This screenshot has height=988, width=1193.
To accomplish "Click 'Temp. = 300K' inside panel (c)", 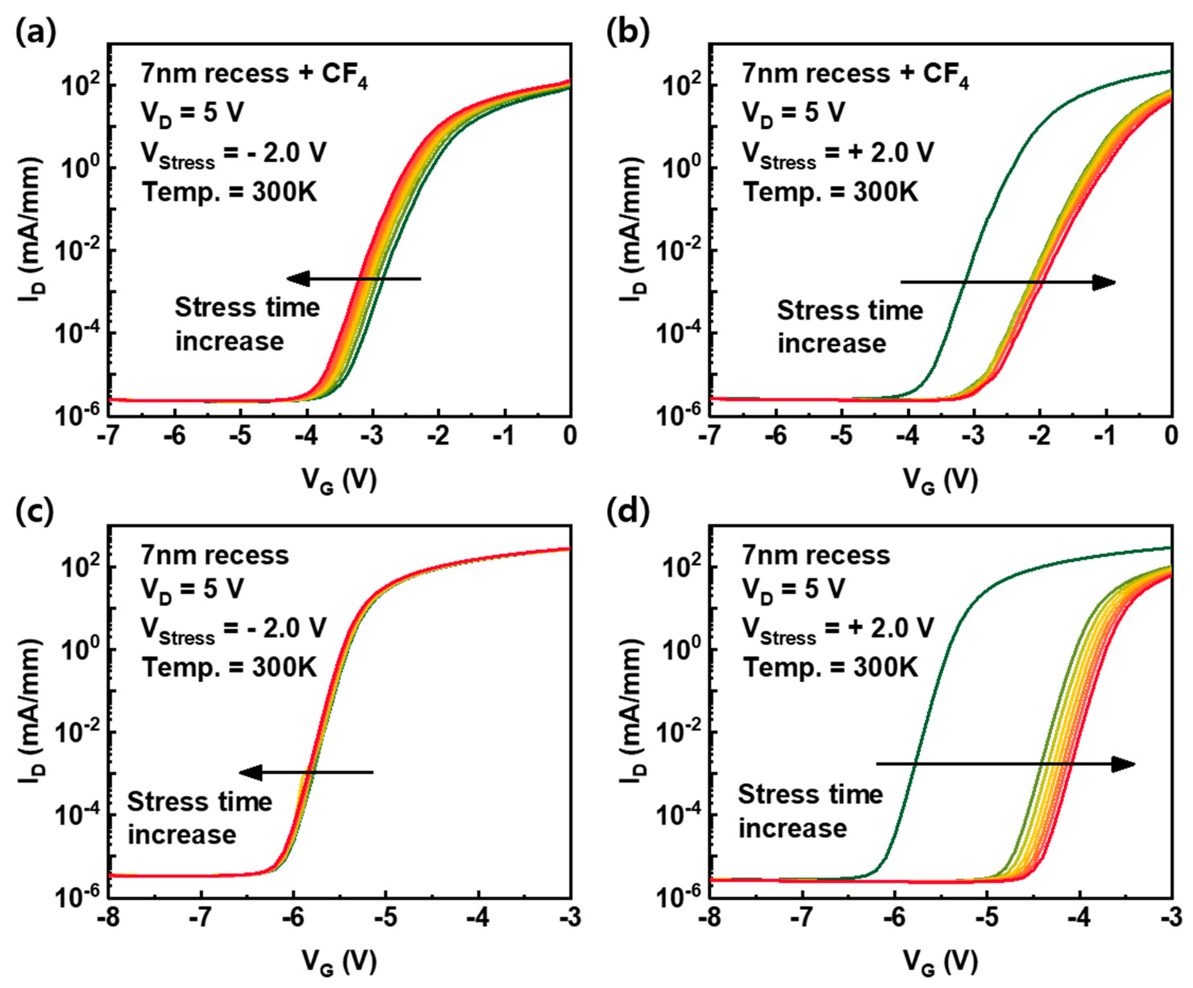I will tap(229, 667).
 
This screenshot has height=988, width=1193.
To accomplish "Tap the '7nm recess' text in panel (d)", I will tap(816, 555).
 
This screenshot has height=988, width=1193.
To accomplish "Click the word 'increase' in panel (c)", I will tap(181, 834).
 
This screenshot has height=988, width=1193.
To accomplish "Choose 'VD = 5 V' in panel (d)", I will tap(793, 590).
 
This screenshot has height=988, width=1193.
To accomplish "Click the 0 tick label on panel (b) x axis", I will tap(1170, 436).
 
